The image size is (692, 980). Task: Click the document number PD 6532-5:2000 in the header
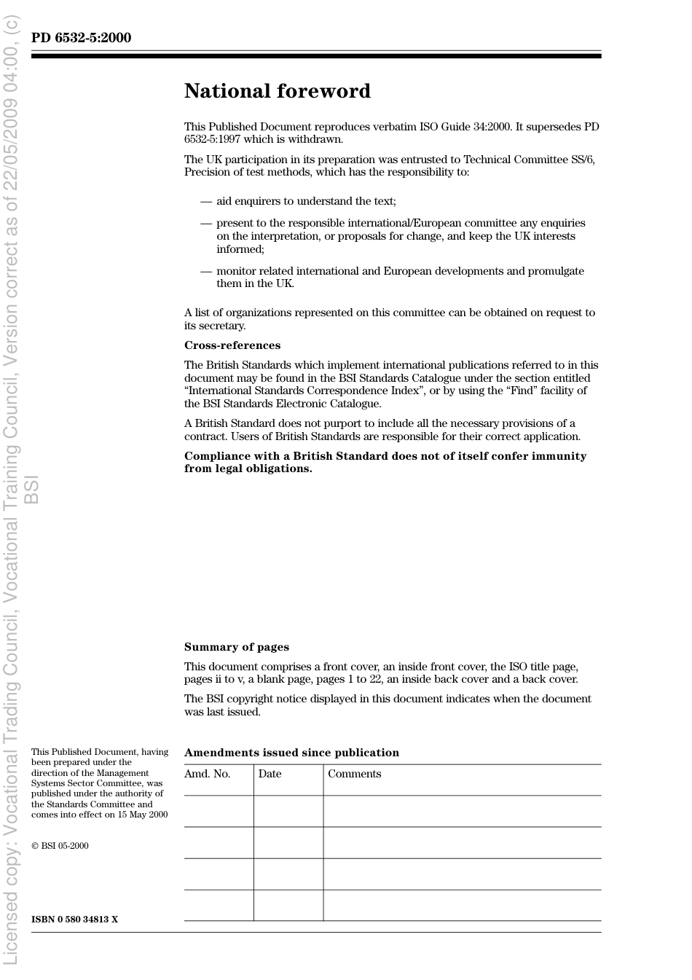pos(81,38)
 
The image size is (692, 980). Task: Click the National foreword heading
pos(277,91)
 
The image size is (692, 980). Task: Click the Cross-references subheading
pos(232,345)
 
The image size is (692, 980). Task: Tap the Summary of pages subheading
pos(236,647)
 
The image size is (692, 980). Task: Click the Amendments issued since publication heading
pos(291,753)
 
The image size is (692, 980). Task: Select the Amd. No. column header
pos(207,774)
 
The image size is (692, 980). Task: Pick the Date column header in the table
pos(270,774)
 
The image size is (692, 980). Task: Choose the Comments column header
pos(354,774)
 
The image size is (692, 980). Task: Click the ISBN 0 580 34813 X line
pos(74,920)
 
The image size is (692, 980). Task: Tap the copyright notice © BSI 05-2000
pos(60,846)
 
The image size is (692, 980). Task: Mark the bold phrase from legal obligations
pos(248,469)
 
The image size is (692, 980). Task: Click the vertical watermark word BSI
pos(32,490)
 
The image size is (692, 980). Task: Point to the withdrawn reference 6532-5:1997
pos(212,139)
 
